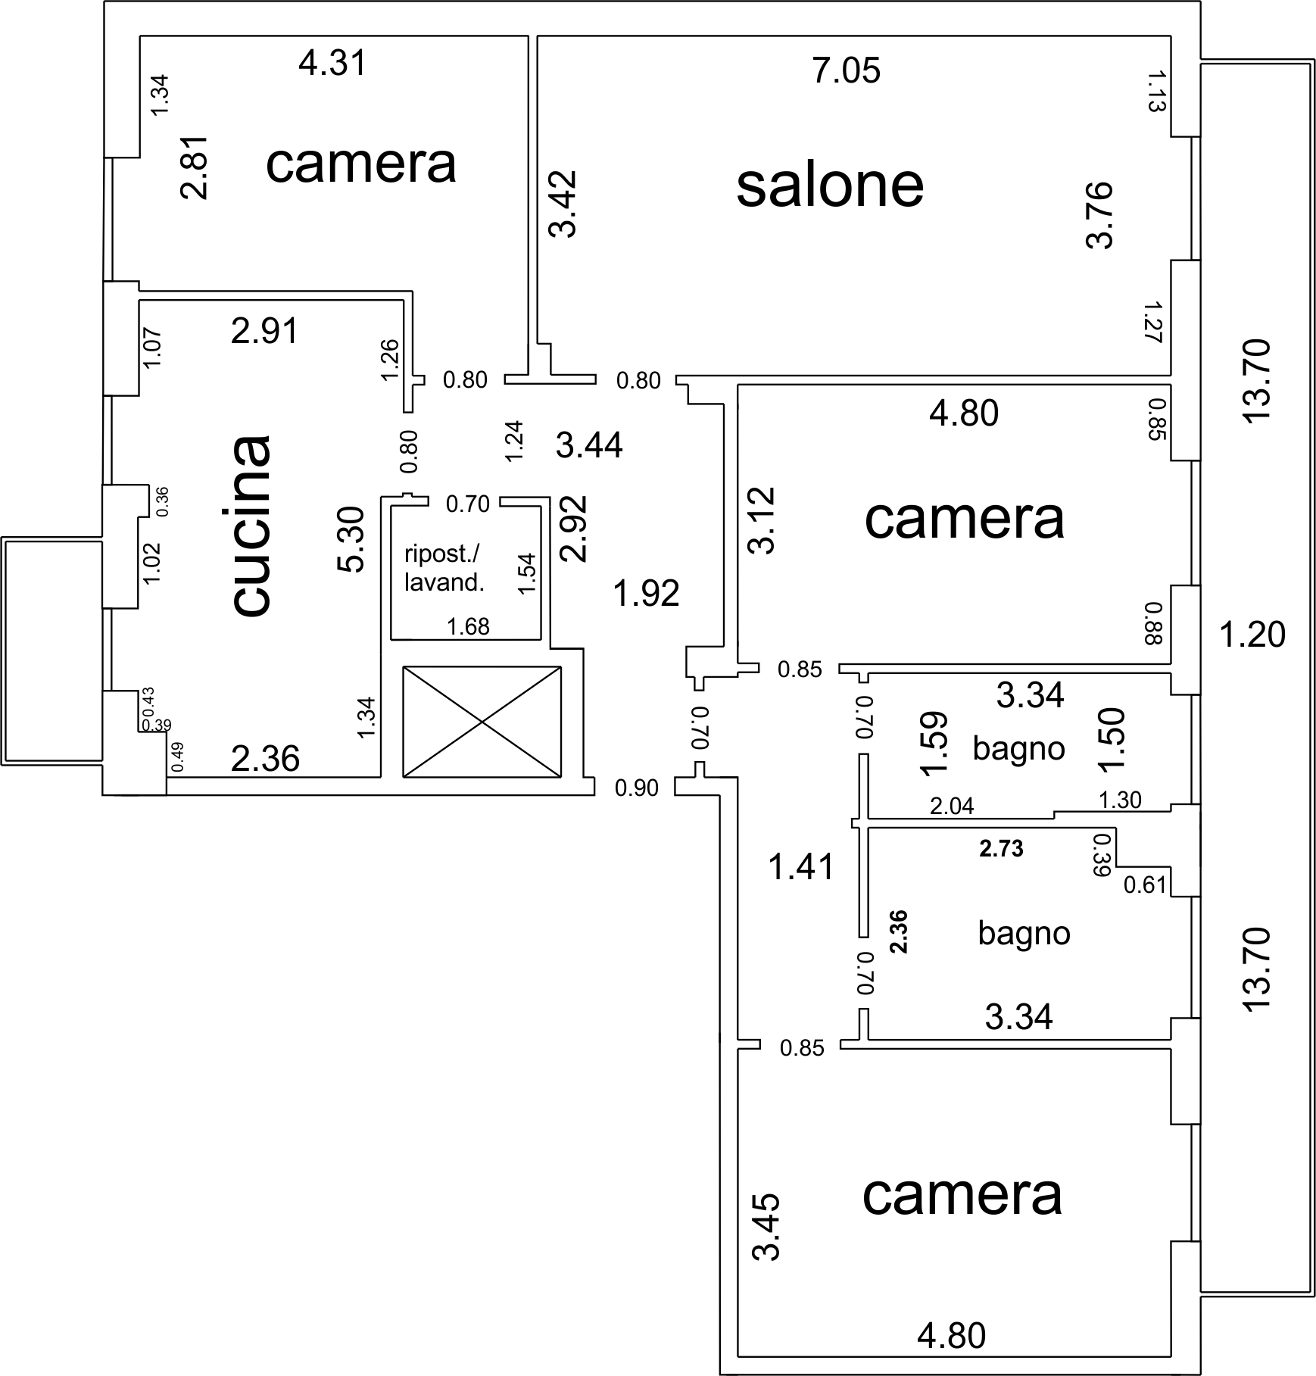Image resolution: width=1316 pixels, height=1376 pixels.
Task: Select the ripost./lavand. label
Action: point(443,568)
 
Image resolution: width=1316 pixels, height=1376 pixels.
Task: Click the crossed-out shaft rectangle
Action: point(482,721)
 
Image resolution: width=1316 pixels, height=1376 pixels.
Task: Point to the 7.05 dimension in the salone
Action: point(847,71)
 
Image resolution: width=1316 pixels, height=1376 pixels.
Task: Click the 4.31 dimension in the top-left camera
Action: point(332,63)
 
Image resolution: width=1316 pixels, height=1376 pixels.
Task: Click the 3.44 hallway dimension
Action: point(589,445)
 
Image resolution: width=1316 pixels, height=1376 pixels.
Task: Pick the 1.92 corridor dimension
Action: point(646,594)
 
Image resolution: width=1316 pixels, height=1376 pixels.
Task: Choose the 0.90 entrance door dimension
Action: point(637,788)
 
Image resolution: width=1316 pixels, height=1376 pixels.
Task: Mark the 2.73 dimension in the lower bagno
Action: point(1001,849)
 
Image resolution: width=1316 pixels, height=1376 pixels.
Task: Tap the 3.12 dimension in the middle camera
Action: point(763,520)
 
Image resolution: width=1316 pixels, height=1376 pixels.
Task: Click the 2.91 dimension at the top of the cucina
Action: point(265,331)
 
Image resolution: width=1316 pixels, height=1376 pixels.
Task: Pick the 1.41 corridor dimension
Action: point(801,866)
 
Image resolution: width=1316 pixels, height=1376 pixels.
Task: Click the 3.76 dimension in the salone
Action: point(1099,214)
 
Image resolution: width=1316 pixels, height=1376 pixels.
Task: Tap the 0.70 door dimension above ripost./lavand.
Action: point(468,504)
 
